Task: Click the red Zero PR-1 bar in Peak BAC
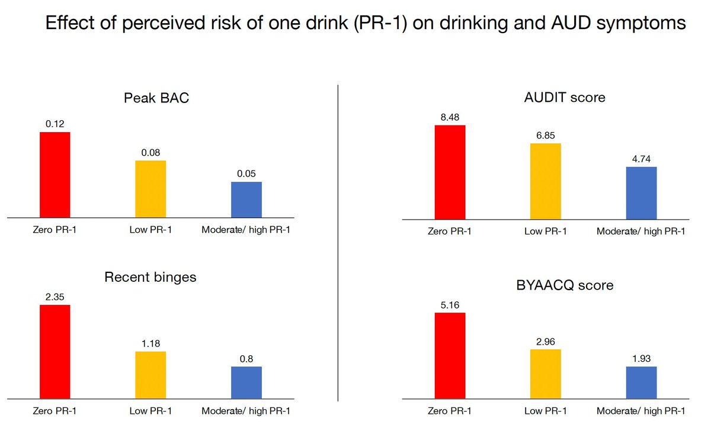click(x=55, y=175)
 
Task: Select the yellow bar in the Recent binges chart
click(x=150, y=375)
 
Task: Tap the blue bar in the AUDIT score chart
click(x=641, y=193)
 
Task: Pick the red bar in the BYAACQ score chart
click(x=450, y=355)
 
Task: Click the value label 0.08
click(x=150, y=153)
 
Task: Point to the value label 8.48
click(x=450, y=117)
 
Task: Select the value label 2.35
click(x=55, y=297)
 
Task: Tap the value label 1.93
click(x=641, y=358)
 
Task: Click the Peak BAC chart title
click(x=156, y=98)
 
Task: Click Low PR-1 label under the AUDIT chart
click(x=545, y=231)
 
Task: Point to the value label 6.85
click(x=545, y=136)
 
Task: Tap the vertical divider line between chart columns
click(x=338, y=243)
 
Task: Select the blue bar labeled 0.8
click(x=246, y=383)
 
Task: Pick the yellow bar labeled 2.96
click(x=545, y=374)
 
